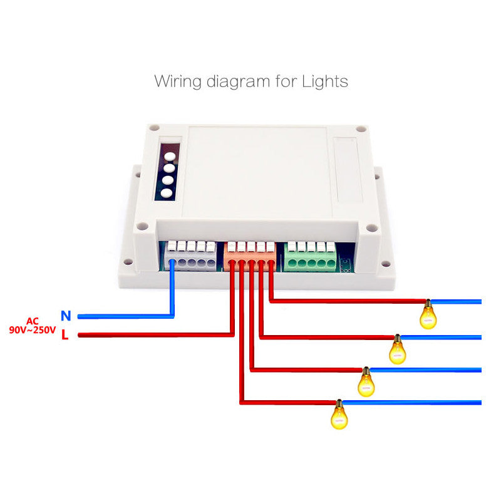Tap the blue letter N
point(66,316)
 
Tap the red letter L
point(65,335)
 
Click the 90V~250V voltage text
point(33,329)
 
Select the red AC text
point(33,320)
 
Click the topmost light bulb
point(428,315)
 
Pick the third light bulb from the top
point(366,381)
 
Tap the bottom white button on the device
point(166,193)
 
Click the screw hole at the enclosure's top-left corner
point(152,129)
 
